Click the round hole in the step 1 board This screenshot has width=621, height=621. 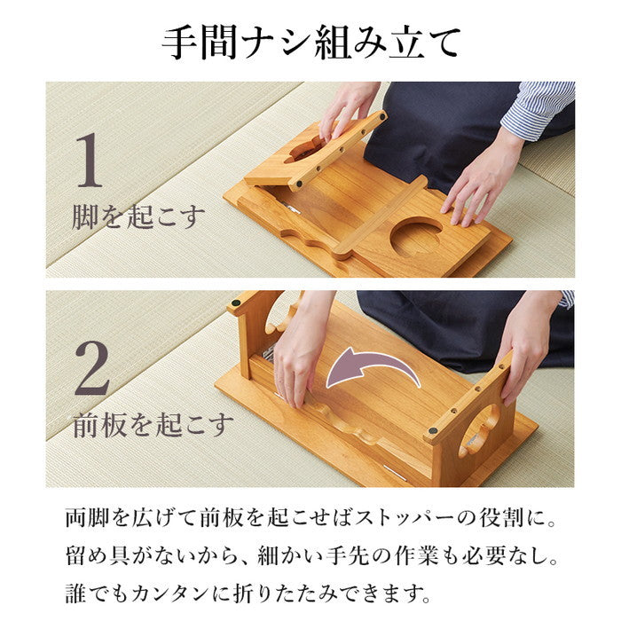pos(416,239)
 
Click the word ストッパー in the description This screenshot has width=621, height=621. pos(400,517)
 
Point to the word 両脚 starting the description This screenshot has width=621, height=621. pos(87,517)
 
